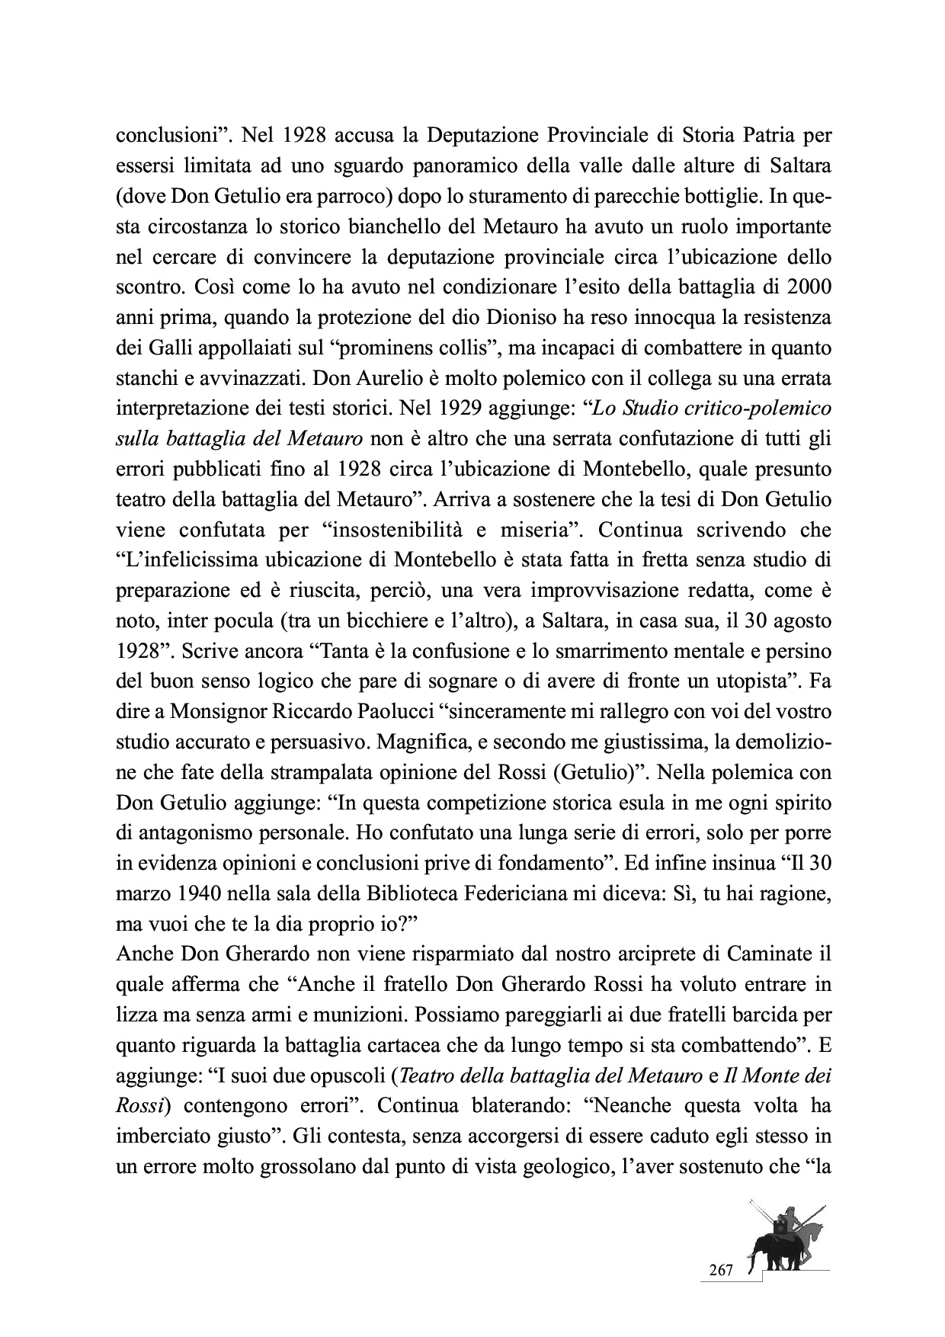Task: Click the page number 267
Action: tap(721, 1270)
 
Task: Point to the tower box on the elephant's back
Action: tap(780, 1227)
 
